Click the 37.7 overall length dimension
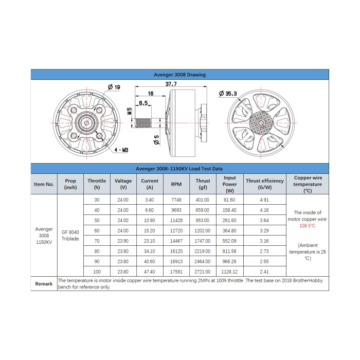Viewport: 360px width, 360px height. pyautogui.click(x=171, y=84)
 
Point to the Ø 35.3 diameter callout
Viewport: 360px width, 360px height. pyautogui.click(x=228, y=94)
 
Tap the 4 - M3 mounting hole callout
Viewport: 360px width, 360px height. pyautogui.click(x=121, y=150)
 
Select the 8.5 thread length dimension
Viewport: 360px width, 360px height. pyautogui.click(x=143, y=103)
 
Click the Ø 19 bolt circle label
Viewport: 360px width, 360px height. pyautogui.click(x=114, y=87)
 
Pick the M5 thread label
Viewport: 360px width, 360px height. pyautogui.click(x=130, y=111)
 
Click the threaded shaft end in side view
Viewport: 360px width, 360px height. pyautogui.click(x=143, y=123)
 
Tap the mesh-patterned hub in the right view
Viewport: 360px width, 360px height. pyautogui.click(x=261, y=123)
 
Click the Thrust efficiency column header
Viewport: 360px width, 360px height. pyautogui.click(x=265, y=184)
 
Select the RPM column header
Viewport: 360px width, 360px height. pyautogui.click(x=176, y=184)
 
